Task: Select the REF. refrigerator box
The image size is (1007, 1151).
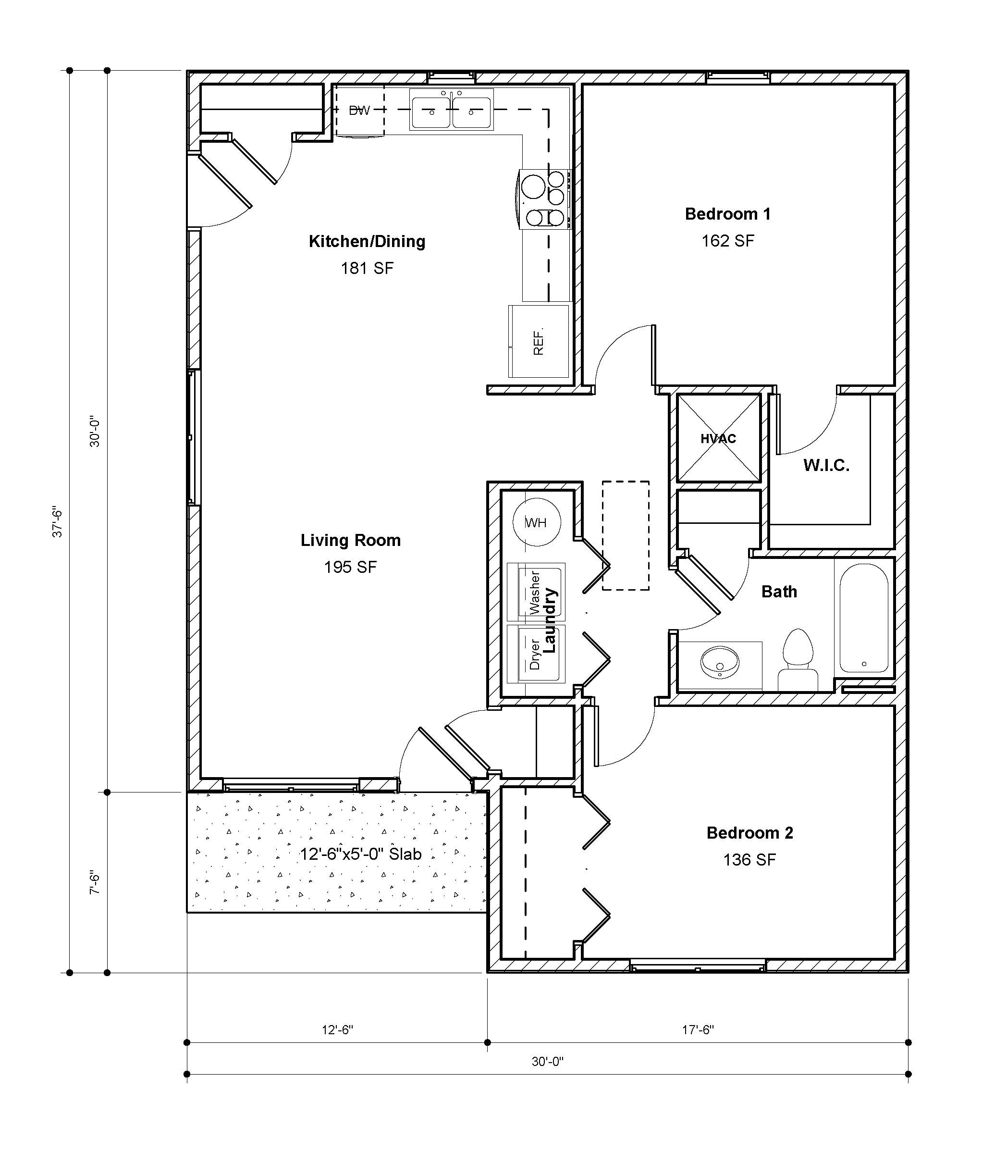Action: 539,341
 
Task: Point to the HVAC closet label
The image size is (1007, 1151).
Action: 718,439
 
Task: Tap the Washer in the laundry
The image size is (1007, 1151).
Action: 536,592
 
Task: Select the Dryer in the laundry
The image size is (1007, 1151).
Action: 536,654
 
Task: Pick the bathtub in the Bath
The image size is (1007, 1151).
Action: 864,618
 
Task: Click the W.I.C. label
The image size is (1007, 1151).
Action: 826,465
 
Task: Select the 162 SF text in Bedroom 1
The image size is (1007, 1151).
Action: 728,241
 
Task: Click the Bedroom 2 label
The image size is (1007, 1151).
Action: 749,832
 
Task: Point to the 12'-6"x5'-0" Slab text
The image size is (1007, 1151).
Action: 360,854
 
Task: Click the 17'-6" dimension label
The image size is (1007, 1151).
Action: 698,1029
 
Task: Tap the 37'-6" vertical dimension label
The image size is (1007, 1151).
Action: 57,521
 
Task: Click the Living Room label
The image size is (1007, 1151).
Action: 351,540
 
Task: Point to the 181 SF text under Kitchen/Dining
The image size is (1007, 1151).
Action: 367,268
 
